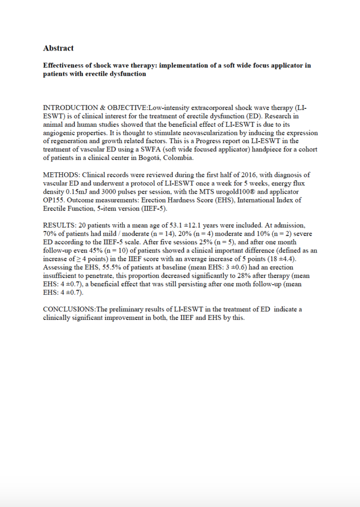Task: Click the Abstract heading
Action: coord(58,48)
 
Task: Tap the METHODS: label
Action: coord(61,175)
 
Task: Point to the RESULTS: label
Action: coord(59,225)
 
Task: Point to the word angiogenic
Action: coord(63,133)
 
